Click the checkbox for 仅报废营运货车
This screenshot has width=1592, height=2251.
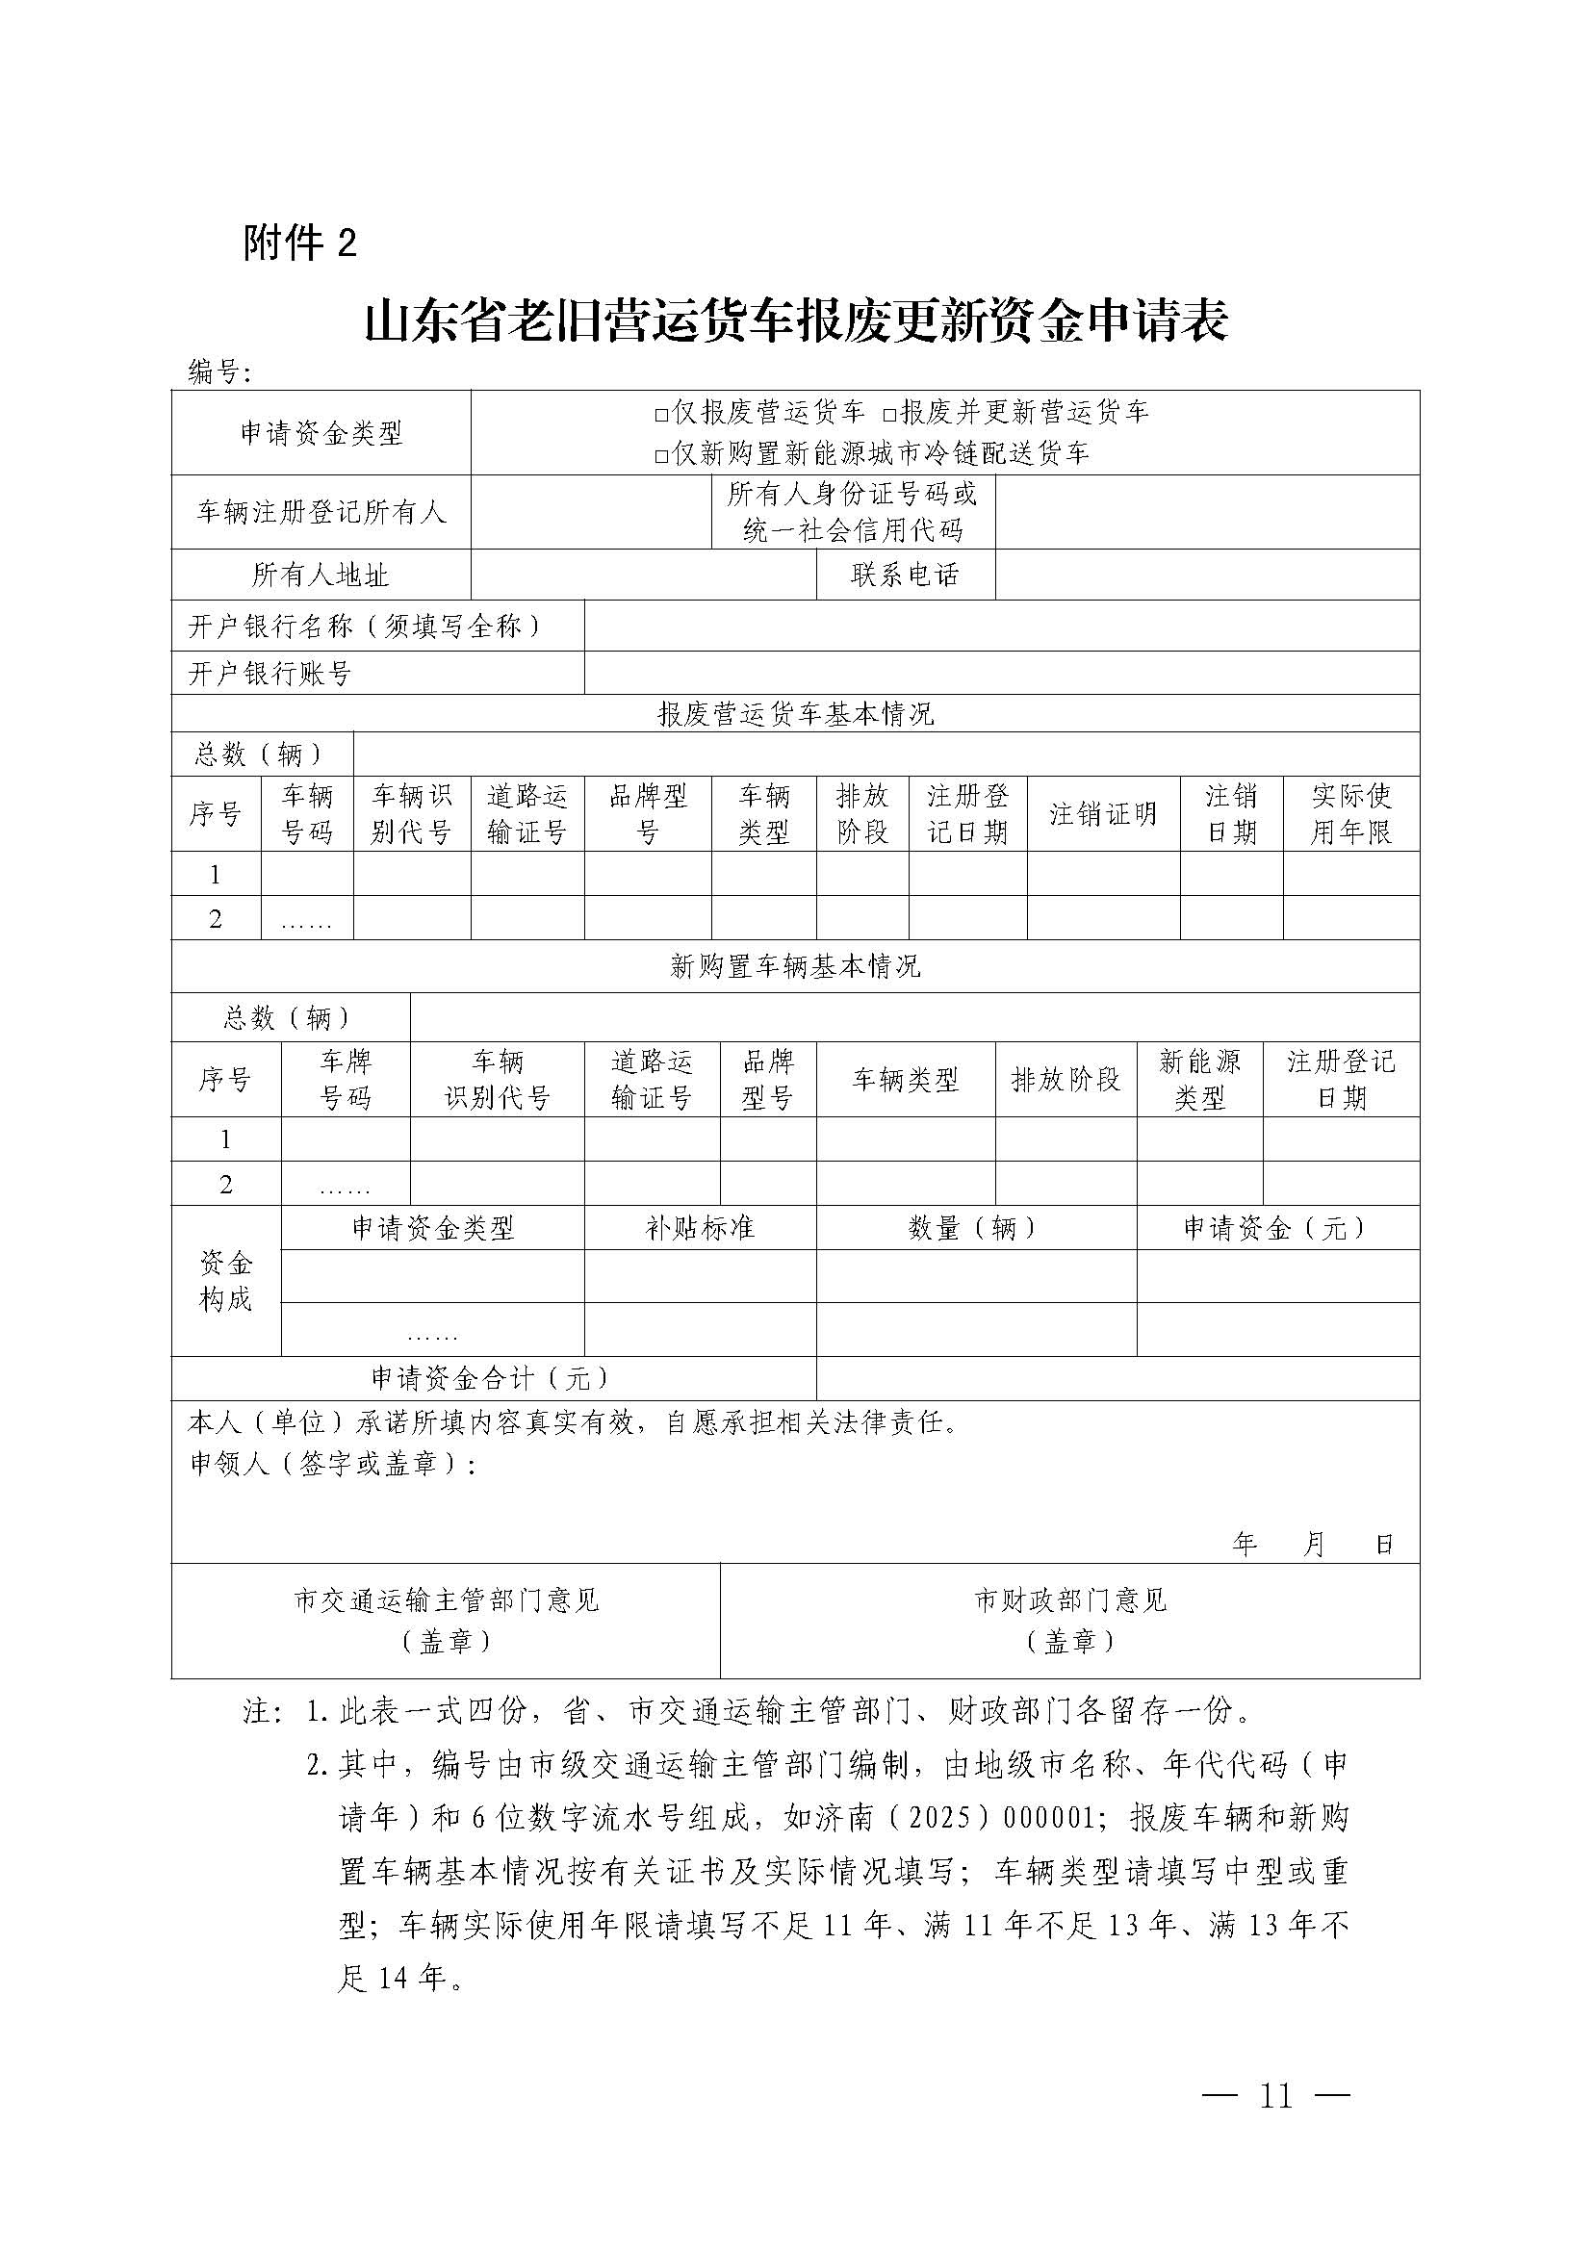point(661,414)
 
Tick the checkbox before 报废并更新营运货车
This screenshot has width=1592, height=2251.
point(889,414)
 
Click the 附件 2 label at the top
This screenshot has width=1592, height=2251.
point(300,243)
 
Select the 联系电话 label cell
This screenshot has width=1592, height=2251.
point(905,575)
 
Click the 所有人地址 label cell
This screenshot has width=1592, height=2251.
point(321,575)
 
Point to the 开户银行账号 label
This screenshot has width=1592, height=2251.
point(270,674)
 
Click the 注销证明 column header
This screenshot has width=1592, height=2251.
point(1103,814)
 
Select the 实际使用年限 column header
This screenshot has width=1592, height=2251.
point(1350,814)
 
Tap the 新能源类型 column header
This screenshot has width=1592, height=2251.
point(1199,1080)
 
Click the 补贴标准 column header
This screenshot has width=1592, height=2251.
point(700,1227)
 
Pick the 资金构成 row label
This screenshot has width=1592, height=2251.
point(225,1280)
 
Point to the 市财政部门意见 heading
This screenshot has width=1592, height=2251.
point(1069,1601)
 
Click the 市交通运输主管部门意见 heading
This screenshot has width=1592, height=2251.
point(446,1601)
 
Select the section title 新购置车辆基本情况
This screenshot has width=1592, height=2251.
point(795,966)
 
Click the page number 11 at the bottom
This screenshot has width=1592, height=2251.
point(1275,2095)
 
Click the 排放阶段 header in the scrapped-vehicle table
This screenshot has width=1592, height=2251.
point(861,814)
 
